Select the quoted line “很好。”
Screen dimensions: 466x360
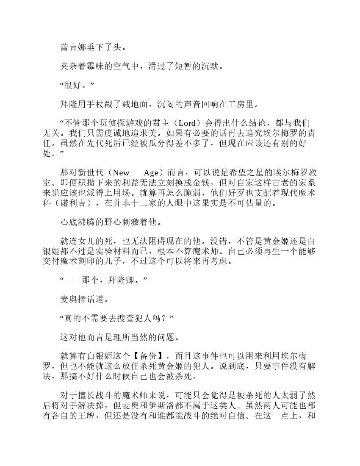(77, 85)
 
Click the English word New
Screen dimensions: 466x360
(122, 173)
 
